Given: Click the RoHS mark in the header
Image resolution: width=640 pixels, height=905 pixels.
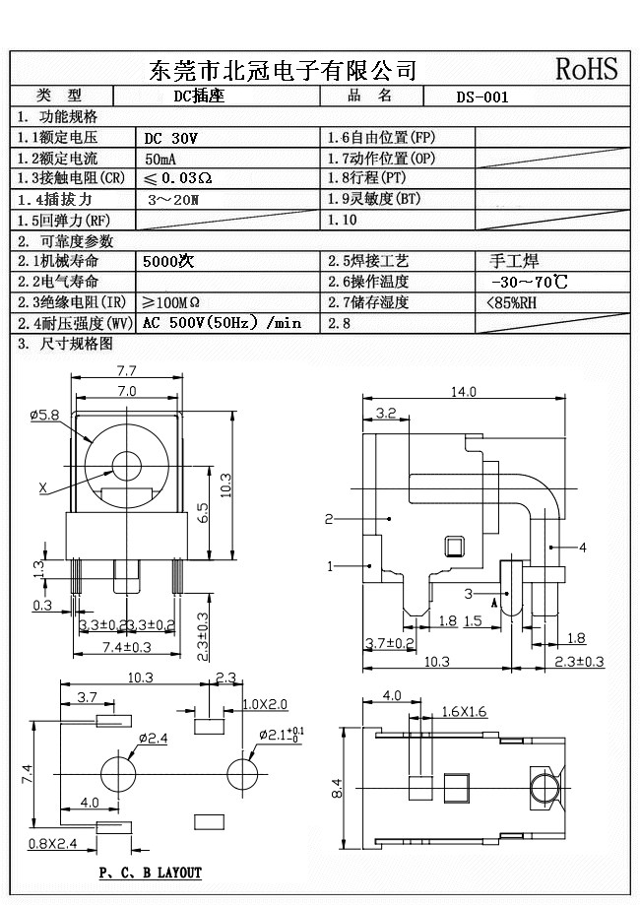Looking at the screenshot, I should point(587,69).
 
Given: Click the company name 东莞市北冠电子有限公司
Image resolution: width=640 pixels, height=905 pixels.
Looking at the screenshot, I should point(283,70).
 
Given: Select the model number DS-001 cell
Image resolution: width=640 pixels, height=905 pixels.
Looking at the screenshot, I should point(482,97).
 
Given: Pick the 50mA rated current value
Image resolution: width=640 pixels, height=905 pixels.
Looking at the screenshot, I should point(162,159).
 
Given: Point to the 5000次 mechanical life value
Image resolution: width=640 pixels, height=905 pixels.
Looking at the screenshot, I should point(169,262).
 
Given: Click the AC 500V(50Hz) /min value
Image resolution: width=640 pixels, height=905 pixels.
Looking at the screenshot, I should point(222,323).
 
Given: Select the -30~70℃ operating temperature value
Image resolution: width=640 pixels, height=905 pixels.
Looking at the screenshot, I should point(528,283).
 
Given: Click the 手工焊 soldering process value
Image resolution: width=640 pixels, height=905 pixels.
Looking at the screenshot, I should point(513,262).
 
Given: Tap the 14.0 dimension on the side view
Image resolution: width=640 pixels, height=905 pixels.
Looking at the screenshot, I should point(463,391).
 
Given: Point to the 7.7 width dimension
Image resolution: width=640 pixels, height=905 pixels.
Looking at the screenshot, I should point(126,371).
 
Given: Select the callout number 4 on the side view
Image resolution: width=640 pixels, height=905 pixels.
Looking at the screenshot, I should point(583,547).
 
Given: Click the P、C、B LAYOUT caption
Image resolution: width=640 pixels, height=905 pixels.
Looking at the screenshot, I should point(151,873).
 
